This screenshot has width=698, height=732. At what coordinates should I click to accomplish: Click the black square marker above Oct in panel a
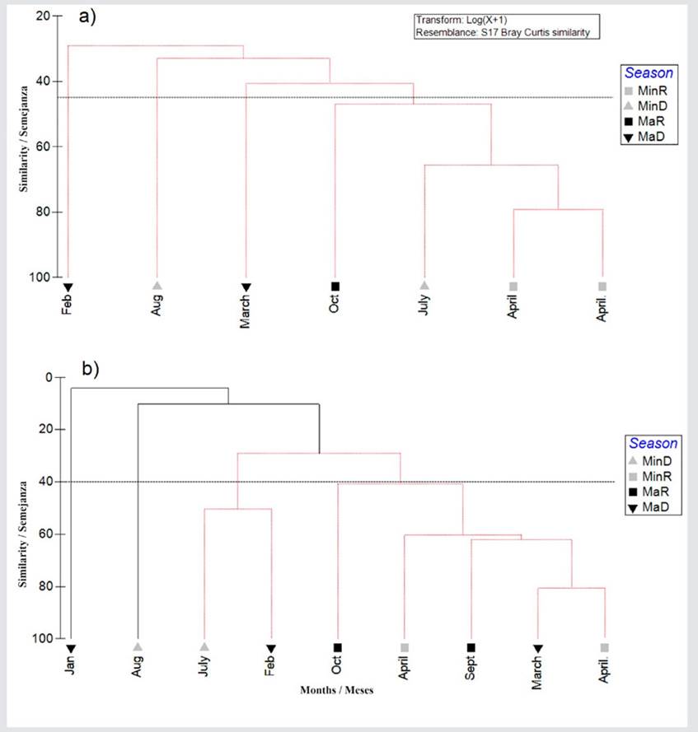click(335, 286)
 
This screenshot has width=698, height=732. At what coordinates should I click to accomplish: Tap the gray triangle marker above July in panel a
click(424, 285)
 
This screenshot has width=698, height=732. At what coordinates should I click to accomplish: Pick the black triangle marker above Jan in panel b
click(71, 648)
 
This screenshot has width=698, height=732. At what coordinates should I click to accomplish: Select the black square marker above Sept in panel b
click(471, 647)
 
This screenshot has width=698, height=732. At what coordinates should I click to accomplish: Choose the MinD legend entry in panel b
click(649, 461)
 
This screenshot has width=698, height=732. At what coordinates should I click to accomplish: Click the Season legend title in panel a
click(649, 72)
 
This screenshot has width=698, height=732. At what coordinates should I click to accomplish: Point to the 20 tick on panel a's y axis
click(44, 16)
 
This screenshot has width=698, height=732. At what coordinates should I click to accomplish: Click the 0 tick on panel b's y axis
click(48, 377)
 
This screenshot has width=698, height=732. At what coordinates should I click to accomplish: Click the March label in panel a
click(246, 312)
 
